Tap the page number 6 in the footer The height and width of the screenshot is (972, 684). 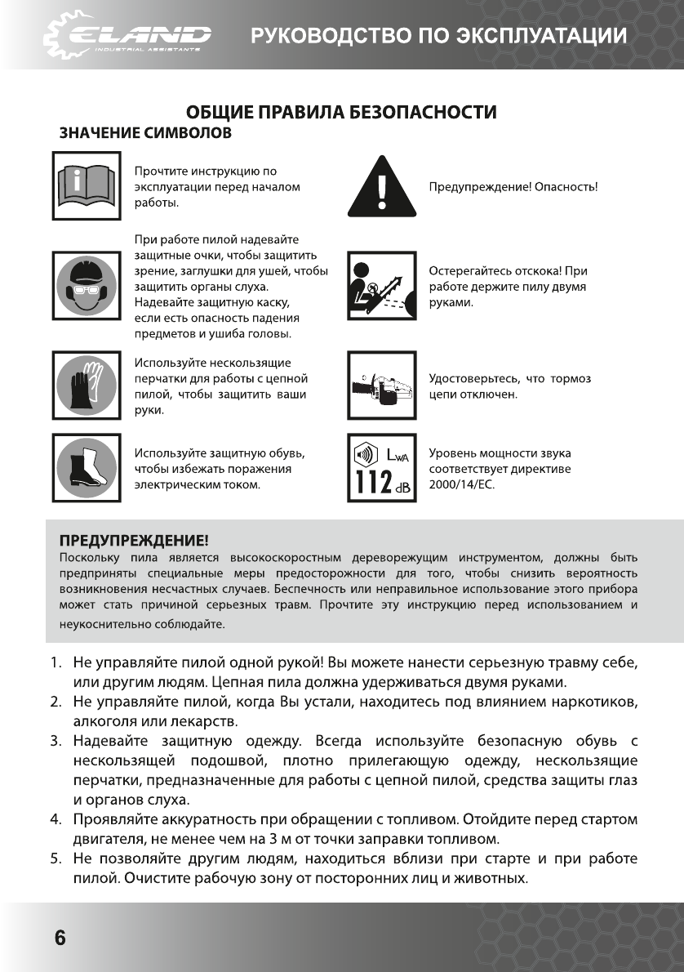tap(60, 937)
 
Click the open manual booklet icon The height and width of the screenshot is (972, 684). tap(86, 186)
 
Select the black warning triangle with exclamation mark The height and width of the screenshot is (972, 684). tap(382, 187)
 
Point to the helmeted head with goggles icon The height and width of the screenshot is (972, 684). tap(86, 286)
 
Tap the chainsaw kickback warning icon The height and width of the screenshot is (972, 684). tap(382, 286)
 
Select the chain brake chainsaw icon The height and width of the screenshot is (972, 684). tap(382, 385)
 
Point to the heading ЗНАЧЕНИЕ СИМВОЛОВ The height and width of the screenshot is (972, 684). tap(144, 132)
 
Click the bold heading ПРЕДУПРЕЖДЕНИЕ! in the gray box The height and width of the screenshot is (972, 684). tap(134, 540)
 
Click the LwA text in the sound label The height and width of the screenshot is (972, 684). tap(398, 453)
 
